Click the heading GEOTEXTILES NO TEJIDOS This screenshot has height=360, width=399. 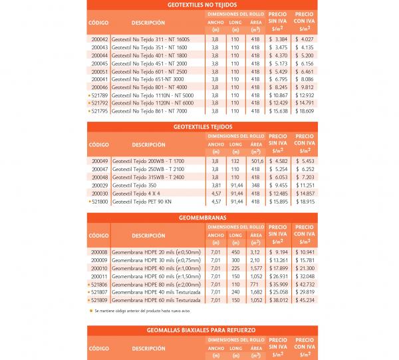199,5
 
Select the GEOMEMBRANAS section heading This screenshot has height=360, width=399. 199,218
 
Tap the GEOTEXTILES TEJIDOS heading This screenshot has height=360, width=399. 199,126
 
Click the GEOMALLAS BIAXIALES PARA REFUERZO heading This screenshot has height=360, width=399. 199,329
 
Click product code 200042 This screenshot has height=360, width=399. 99,39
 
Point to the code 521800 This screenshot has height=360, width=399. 99,200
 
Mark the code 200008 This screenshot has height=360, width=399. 99,252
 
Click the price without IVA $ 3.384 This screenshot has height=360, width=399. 278,39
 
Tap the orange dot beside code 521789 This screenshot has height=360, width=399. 89,95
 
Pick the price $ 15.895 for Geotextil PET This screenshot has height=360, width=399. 278,200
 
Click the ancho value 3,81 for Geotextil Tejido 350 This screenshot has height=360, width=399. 215,184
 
